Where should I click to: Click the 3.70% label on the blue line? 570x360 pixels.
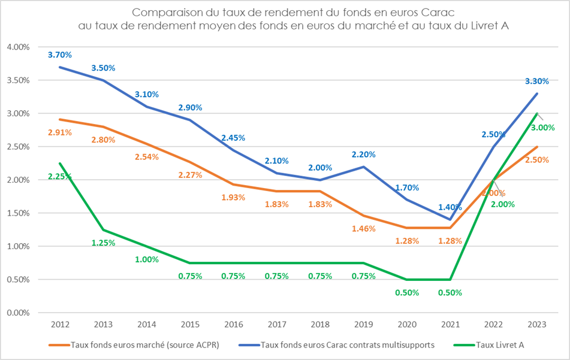coord(59,55)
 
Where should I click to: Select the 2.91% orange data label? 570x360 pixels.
coord(59,132)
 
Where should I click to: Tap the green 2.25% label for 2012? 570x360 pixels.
coord(59,177)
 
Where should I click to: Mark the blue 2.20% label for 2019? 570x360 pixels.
coord(364,154)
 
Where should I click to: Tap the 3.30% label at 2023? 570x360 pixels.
coord(536,81)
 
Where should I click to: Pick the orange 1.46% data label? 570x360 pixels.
coord(364,229)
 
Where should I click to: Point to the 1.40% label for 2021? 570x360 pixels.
coord(450,207)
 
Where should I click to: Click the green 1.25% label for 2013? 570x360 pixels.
coord(103,243)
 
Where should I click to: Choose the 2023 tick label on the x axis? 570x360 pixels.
coord(536,324)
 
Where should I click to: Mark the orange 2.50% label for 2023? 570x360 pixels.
coord(537,161)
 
